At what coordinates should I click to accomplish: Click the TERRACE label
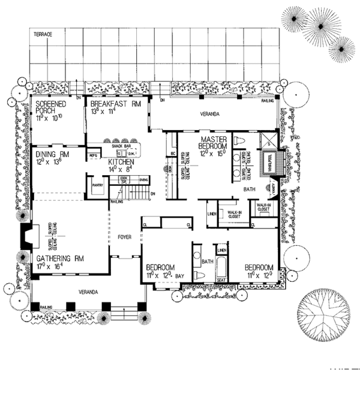pos(43,35)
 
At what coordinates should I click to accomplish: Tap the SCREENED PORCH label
pos(50,107)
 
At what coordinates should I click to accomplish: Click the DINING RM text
pos(48,154)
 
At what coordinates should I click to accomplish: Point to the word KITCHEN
pos(121,163)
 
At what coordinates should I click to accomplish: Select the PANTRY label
pos(98,185)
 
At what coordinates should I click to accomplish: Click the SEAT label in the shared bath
pos(221,279)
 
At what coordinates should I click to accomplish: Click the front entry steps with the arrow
pos(124,314)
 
